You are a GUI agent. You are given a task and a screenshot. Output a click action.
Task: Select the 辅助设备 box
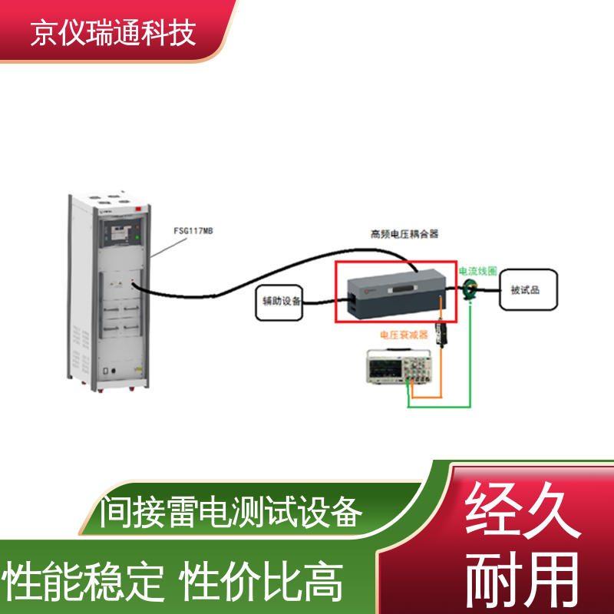279,302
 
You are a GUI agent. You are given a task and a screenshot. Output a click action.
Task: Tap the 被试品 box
527,289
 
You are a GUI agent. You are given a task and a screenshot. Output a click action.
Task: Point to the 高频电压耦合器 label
404,233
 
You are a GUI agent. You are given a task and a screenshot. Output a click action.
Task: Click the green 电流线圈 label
478,271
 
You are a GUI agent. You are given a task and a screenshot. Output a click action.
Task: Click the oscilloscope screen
384,369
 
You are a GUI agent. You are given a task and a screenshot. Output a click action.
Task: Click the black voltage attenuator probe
442,333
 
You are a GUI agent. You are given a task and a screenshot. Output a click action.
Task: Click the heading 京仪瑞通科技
114,33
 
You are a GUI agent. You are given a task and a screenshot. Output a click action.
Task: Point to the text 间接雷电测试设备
230,512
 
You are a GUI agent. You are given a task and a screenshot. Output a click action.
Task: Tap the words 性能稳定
84,582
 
